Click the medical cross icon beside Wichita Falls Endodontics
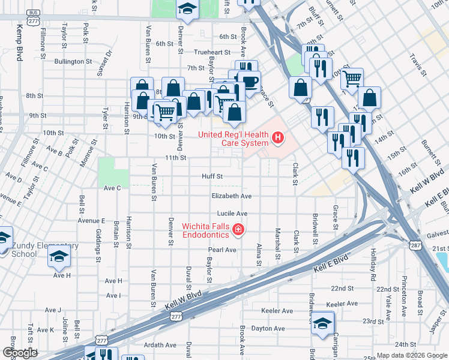pos(238,229)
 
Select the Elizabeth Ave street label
pos(231,196)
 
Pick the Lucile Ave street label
pos(232,214)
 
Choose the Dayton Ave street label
pos(268,328)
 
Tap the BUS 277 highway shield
pos(34,17)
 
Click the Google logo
pos(20,353)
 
